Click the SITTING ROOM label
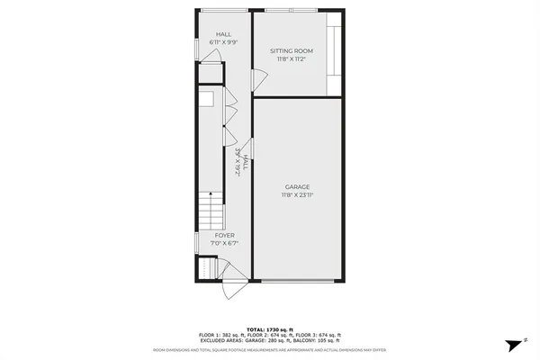(x=292, y=51)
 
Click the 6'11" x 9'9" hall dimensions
(x=222, y=42)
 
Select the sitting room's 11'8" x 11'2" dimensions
(x=292, y=59)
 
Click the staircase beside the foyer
(x=209, y=212)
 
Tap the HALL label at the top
(x=222, y=34)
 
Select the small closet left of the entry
(x=207, y=269)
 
